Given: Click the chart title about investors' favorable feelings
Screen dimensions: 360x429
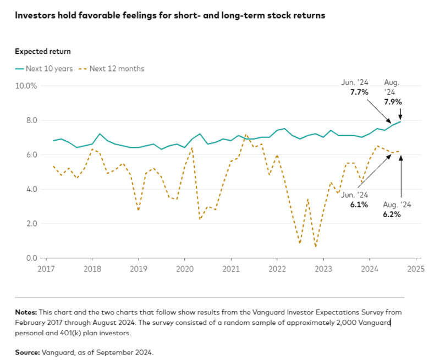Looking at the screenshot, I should tap(170, 15).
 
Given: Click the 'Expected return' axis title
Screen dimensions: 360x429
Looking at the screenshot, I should tap(42, 52).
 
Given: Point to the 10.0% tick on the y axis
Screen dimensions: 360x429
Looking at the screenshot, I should tap(26, 86).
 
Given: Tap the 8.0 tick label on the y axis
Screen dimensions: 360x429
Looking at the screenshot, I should tap(30, 120).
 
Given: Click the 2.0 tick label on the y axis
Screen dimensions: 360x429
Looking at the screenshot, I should tap(30, 224).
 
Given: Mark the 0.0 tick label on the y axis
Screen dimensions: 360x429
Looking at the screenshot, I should tap(30, 258).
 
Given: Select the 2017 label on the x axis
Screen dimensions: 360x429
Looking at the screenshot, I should tap(46, 269).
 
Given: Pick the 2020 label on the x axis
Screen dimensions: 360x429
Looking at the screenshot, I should tap(184, 269).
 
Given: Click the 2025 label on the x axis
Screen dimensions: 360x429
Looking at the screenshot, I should tap(415, 269).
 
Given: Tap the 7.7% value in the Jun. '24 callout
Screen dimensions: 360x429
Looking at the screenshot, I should tap(359, 92).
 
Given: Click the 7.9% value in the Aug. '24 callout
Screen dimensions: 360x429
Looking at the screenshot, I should tap(393, 101).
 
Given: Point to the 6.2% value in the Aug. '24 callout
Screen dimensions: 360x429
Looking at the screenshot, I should tap(392, 214).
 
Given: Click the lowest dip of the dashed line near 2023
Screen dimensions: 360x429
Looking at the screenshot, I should tap(316, 247).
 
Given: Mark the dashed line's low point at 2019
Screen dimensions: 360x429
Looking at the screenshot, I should tap(138, 210).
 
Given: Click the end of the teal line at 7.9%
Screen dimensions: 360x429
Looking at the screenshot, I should tap(400, 121).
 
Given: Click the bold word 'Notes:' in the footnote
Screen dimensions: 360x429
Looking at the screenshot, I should tap(26, 312).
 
